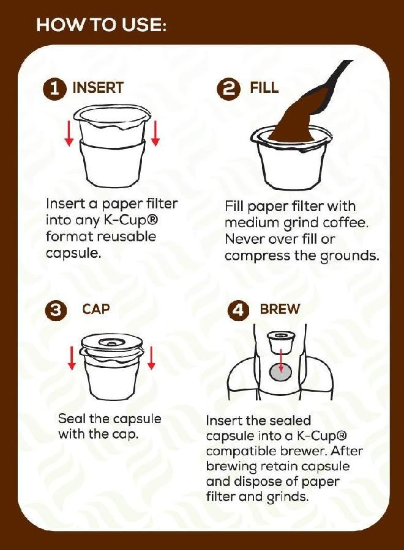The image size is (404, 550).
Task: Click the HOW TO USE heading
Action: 102,26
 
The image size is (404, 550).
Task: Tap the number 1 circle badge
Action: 54,89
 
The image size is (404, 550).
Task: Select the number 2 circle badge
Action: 230,89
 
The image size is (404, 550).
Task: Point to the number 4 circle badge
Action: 238,310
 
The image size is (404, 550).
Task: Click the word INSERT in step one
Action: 98,88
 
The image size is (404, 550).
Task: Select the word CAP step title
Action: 96,309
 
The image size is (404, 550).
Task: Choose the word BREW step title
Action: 280,309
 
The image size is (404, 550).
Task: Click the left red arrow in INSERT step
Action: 69,133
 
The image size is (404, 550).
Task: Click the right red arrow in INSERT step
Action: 155,133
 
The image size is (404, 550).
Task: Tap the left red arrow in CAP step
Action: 72,357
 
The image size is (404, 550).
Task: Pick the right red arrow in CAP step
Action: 151,357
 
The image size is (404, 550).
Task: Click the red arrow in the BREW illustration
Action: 281,361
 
